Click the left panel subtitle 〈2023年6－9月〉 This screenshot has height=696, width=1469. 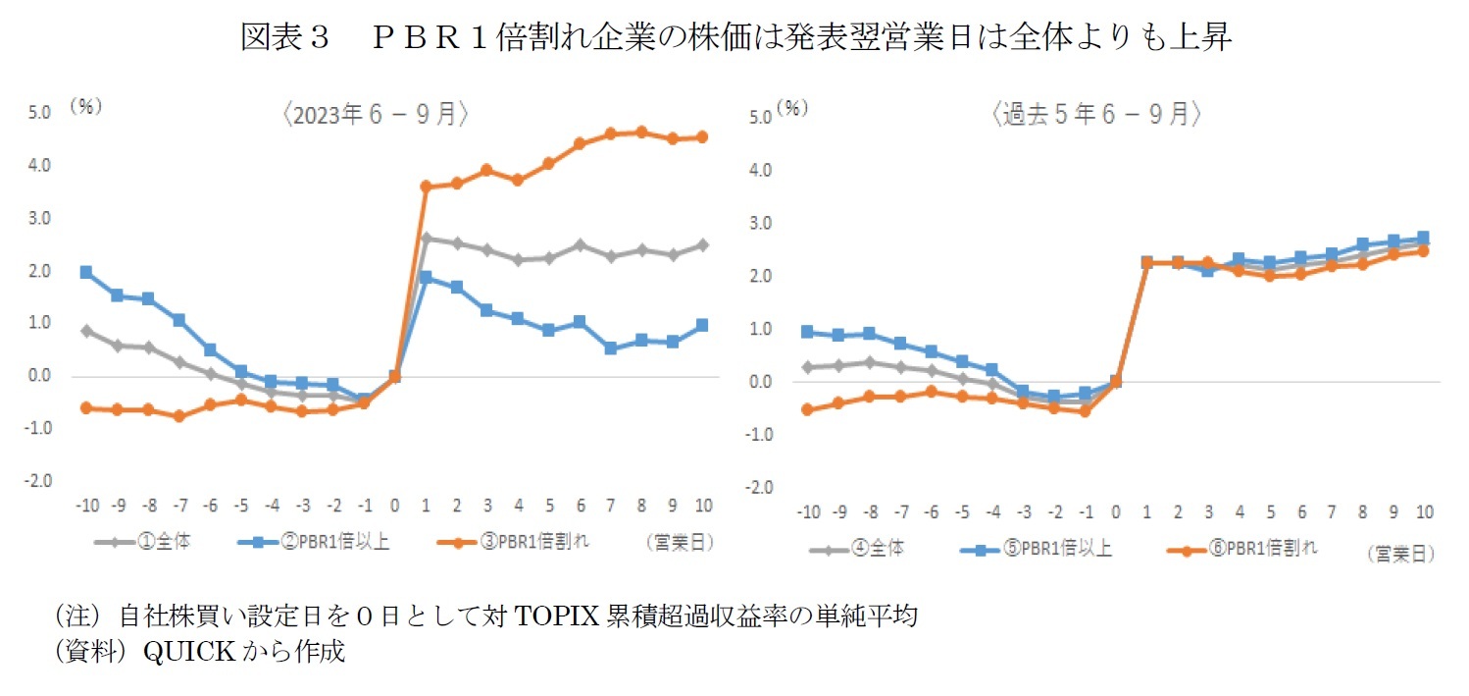pos(375,114)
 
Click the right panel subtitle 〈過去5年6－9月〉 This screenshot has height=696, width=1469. pos(1096,115)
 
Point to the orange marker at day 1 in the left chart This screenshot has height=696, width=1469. pos(426,186)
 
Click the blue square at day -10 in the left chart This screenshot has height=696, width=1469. pos(86,272)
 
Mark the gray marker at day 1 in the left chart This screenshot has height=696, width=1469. pos(426,238)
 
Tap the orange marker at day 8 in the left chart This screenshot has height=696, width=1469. pos(641,132)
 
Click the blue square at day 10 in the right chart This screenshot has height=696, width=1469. pos(1423,238)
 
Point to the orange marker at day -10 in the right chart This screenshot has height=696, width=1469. pos(807,409)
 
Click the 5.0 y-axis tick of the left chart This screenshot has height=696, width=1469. pos(38,113)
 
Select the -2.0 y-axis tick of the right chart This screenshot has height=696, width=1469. pos(760,488)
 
